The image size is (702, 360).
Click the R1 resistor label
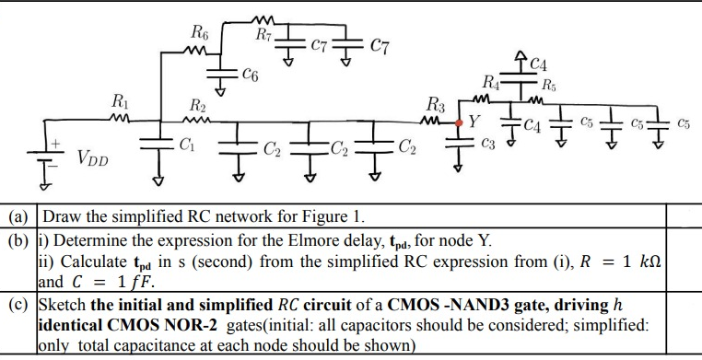tap(119, 99)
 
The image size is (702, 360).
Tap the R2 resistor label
tap(196, 102)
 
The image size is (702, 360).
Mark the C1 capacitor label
tap(186, 144)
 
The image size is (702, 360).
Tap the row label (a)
tap(17, 219)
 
